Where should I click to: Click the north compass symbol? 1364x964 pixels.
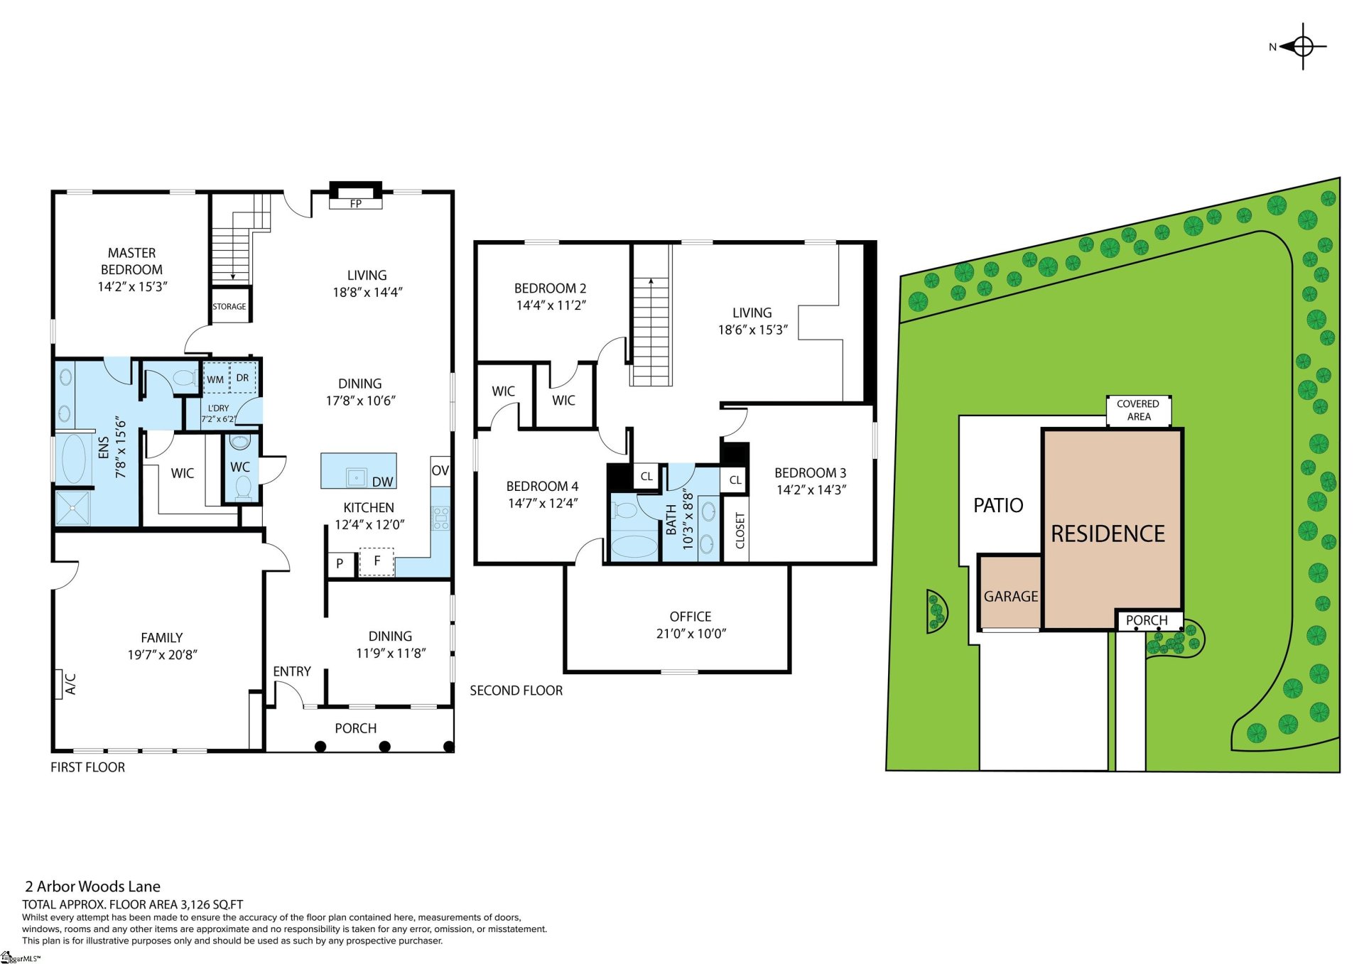click(x=1302, y=47)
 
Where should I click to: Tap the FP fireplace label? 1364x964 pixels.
click(x=356, y=203)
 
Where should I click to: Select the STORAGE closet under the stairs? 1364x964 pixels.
click(x=229, y=306)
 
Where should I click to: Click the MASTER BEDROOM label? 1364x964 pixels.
click(x=131, y=261)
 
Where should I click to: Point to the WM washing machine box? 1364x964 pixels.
click(x=215, y=379)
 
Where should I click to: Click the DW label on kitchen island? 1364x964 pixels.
click(x=382, y=482)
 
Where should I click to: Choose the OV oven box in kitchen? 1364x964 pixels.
click(x=440, y=470)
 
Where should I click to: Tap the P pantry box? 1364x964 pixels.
click(x=340, y=563)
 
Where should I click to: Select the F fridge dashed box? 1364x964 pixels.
click(x=377, y=561)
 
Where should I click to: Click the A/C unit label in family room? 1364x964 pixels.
click(x=70, y=684)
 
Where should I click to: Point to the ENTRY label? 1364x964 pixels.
click(x=292, y=671)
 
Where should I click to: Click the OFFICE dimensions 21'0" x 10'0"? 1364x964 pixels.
click(x=691, y=634)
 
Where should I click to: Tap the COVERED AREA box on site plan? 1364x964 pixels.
click(x=1138, y=411)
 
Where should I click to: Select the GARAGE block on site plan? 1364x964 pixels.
click(x=1010, y=596)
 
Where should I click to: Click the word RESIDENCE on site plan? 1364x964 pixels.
click(x=1108, y=534)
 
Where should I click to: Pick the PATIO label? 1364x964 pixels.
click(x=998, y=505)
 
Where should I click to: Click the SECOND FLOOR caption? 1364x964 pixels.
click(x=516, y=690)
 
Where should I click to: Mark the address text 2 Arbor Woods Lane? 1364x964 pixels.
click(x=93, y=887)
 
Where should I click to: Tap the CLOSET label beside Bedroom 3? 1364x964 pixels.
click(x=740, y=531)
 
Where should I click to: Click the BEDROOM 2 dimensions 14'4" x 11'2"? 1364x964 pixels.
click(x=551, y=305)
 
